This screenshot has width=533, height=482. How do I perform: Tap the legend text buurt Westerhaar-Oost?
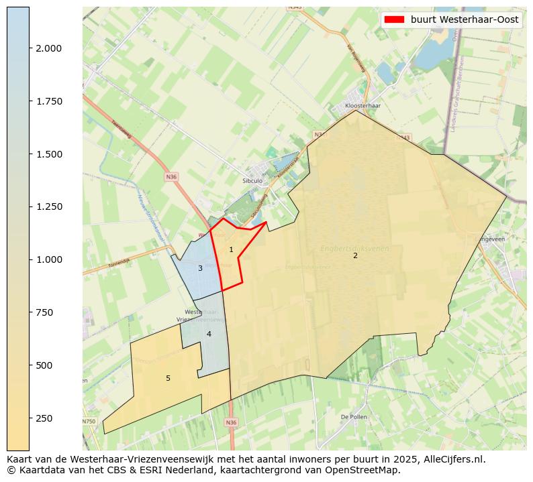click(x=465, y=20)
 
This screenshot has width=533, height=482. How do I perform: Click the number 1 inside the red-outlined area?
click(x=231, y=250)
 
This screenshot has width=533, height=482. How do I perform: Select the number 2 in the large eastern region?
click(x=355, y=255)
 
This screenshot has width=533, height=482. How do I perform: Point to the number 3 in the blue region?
click(x=200, y=269)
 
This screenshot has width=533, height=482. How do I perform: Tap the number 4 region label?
click(x=209, y=334)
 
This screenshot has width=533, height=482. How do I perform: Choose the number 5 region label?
click(x=168, y=379)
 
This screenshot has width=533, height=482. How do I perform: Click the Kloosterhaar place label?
click(x=362, y=106)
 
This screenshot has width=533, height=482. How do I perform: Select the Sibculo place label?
click(x=252, y=181)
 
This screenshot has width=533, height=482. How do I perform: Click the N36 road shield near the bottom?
click(x=231, y=422)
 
